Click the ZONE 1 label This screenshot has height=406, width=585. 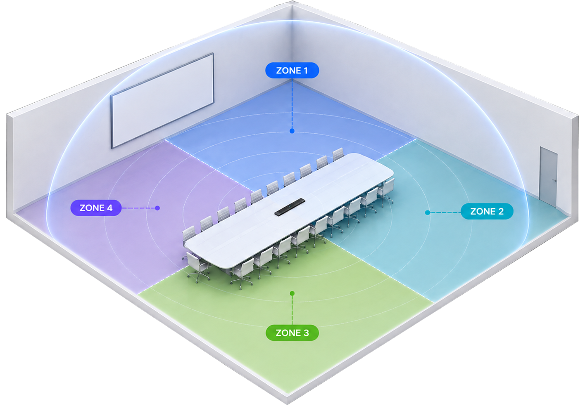coord(292,71)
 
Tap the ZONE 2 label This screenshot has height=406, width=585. coord(487,211)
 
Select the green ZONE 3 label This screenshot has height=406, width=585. coord(292,333)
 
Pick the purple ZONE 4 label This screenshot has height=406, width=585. coord(96,208)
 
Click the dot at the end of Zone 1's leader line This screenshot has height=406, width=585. coord(292,131)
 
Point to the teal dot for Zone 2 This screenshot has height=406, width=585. coord(428,212)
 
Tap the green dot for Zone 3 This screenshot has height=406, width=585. coord(292,293)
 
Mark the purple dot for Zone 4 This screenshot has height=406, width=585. coord(157,208)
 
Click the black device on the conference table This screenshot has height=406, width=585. coord(290,207)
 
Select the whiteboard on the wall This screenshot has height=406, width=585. coord(162,101)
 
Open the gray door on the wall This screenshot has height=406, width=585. coord(549,177)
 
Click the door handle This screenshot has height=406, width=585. coord(555,180)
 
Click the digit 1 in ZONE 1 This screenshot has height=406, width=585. coord(305,71)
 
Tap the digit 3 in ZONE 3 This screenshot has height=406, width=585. coord(306,333)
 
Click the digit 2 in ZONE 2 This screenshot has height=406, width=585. coord(501,212)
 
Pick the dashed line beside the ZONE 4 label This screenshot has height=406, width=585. coord(138,208)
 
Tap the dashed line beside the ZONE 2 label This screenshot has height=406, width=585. coord(445,212)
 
